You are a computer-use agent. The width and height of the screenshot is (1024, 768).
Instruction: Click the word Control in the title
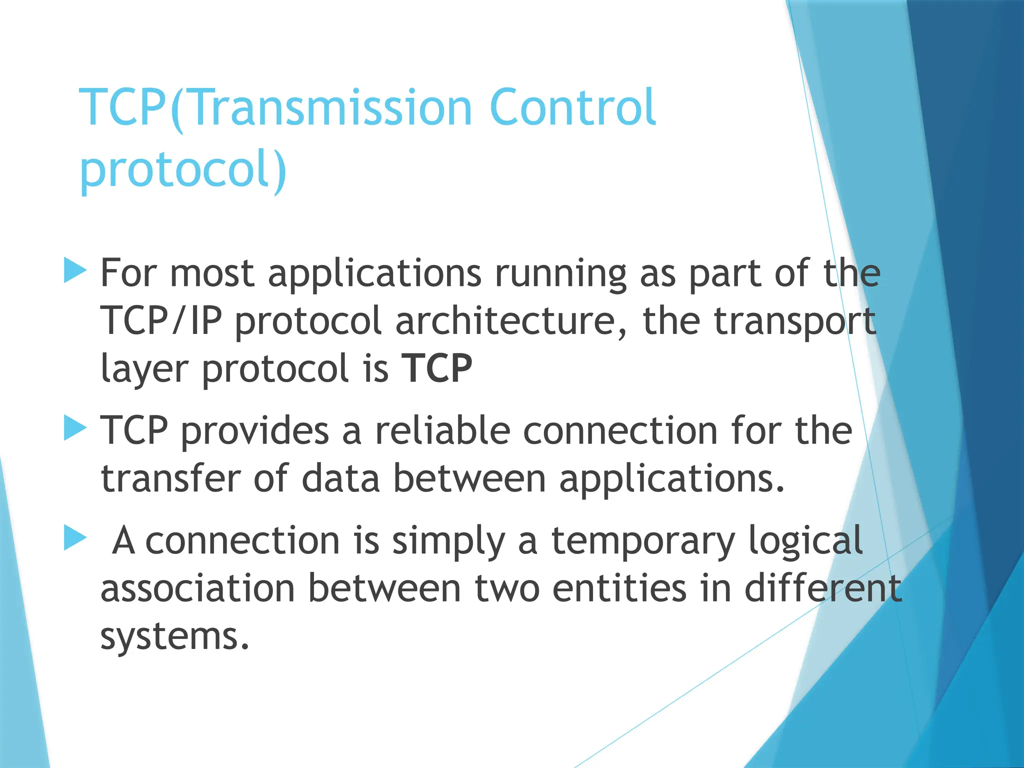tap(572, 107)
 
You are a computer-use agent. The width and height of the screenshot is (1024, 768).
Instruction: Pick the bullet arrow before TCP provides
tap(75, 429)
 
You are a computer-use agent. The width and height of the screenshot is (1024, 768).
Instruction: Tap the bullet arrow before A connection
tap(75, 538)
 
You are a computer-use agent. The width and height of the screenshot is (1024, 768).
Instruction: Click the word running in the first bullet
tap(560, 273)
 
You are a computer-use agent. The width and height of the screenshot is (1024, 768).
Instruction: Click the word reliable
tap(442, 430)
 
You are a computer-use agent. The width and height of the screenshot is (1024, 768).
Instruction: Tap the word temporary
tap(643, 541)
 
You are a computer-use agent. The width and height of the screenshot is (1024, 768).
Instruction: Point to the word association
tap(198, 588)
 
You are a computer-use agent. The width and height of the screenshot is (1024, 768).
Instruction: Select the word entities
tap(619, 588)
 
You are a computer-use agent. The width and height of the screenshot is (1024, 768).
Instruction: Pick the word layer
tap(144, 368)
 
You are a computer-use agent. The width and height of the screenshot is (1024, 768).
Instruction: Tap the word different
tap(823, 588)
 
